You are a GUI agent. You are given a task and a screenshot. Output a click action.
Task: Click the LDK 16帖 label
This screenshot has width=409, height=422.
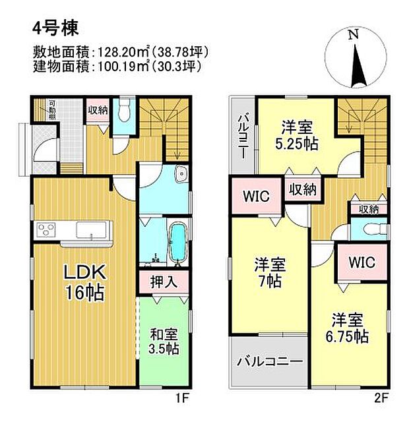(x=82, y=282)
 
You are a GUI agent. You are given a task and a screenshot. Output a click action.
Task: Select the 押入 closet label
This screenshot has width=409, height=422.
(x=160, y=282)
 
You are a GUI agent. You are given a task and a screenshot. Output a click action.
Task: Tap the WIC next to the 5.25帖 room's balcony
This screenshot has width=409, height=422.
(x=255, y=196)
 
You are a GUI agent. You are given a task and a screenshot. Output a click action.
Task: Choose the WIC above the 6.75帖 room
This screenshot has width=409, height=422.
(x=362, y=262)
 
